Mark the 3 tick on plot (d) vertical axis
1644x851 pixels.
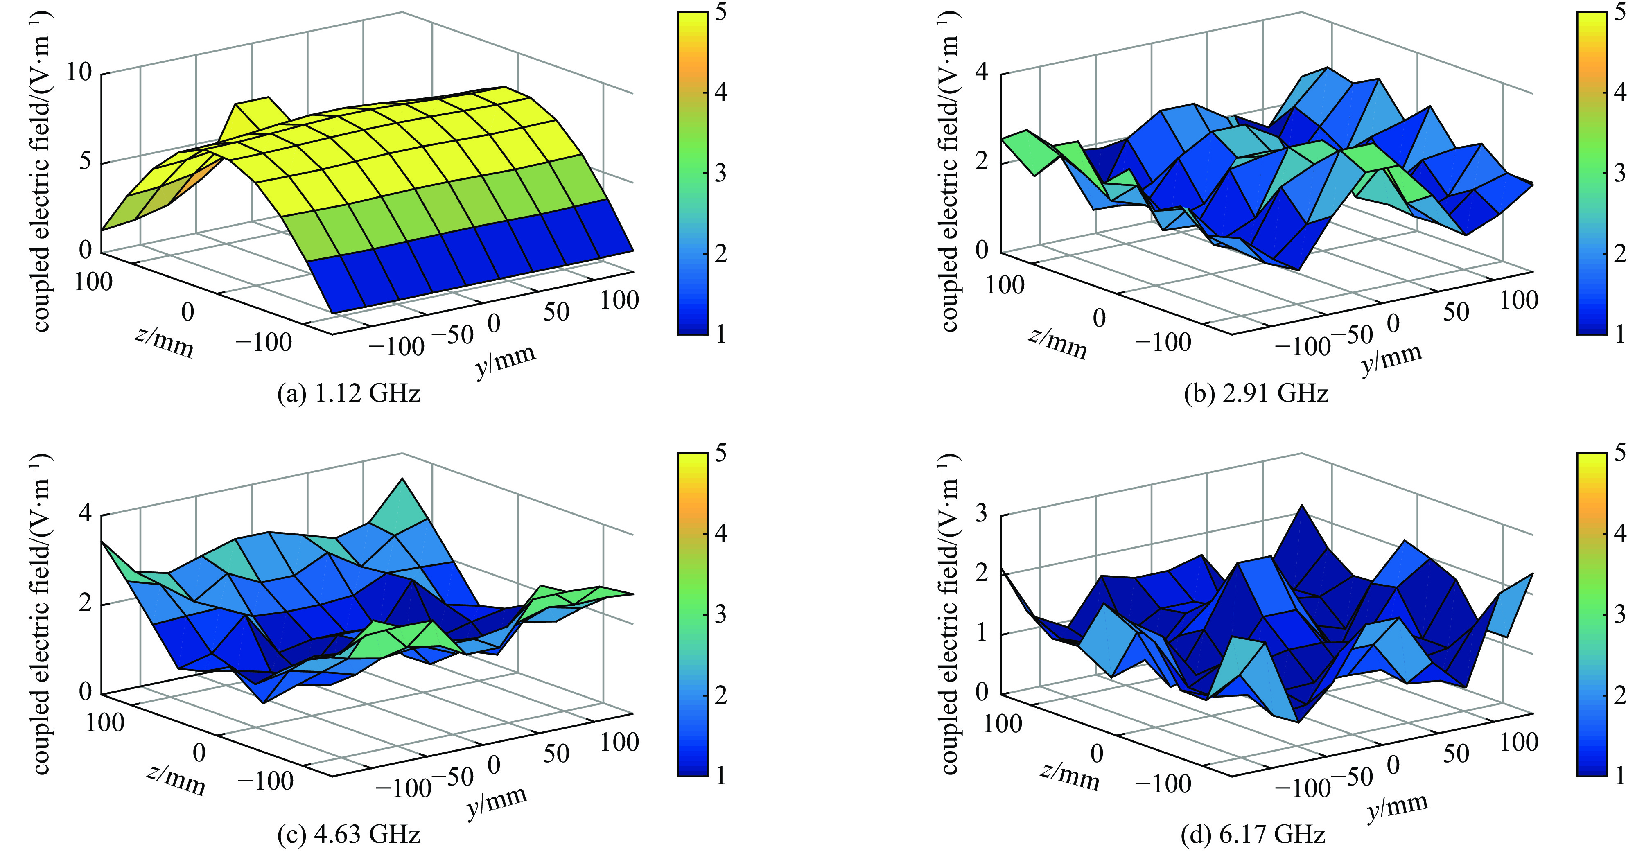click(x=982, y=514)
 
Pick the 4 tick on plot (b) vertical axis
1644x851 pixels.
click(x=982, y=72)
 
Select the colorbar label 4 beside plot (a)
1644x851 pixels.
click(x=720, y=93)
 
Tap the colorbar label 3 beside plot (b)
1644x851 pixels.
click(x=1620, y=173)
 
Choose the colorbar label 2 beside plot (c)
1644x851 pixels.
click(x=720, y=695)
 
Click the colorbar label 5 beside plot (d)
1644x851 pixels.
click(x=1620, y=453)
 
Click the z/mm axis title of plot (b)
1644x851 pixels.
click(x=1057, y=345)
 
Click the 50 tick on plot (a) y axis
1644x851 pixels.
click(x=556, y=312)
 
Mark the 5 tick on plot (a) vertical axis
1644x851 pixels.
click(x=85, y=161)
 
